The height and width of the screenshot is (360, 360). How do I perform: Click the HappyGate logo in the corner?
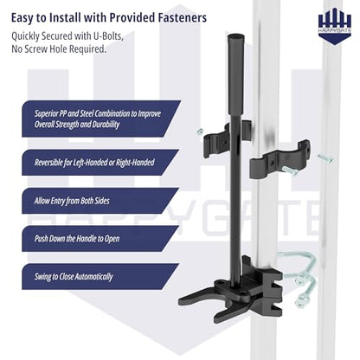point(335,26)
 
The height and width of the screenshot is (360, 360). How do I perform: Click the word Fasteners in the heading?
point(182,17)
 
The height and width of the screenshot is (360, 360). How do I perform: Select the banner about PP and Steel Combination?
point(101,119)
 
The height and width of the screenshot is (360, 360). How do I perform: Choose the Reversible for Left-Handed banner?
point(100,163)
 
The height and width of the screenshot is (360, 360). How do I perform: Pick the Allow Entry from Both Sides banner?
point(100,201)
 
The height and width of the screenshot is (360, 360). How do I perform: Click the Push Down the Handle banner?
point(100,239)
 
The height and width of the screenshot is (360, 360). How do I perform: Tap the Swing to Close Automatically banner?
point(100,277)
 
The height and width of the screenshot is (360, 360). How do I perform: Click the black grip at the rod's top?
point(236,75)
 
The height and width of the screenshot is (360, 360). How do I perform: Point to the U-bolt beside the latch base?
point(300,277)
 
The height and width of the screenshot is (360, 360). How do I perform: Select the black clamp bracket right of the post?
point(279,158)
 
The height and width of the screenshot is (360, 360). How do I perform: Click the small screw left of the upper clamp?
point(199,132)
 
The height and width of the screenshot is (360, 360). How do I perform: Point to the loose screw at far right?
point(325,158)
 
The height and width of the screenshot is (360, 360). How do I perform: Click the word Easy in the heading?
point(22,18)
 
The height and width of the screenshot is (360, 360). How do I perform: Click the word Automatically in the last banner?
point(93,277)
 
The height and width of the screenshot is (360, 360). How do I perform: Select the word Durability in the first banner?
point(106,125)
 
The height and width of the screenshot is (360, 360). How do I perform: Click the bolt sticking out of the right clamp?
point(291,171)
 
